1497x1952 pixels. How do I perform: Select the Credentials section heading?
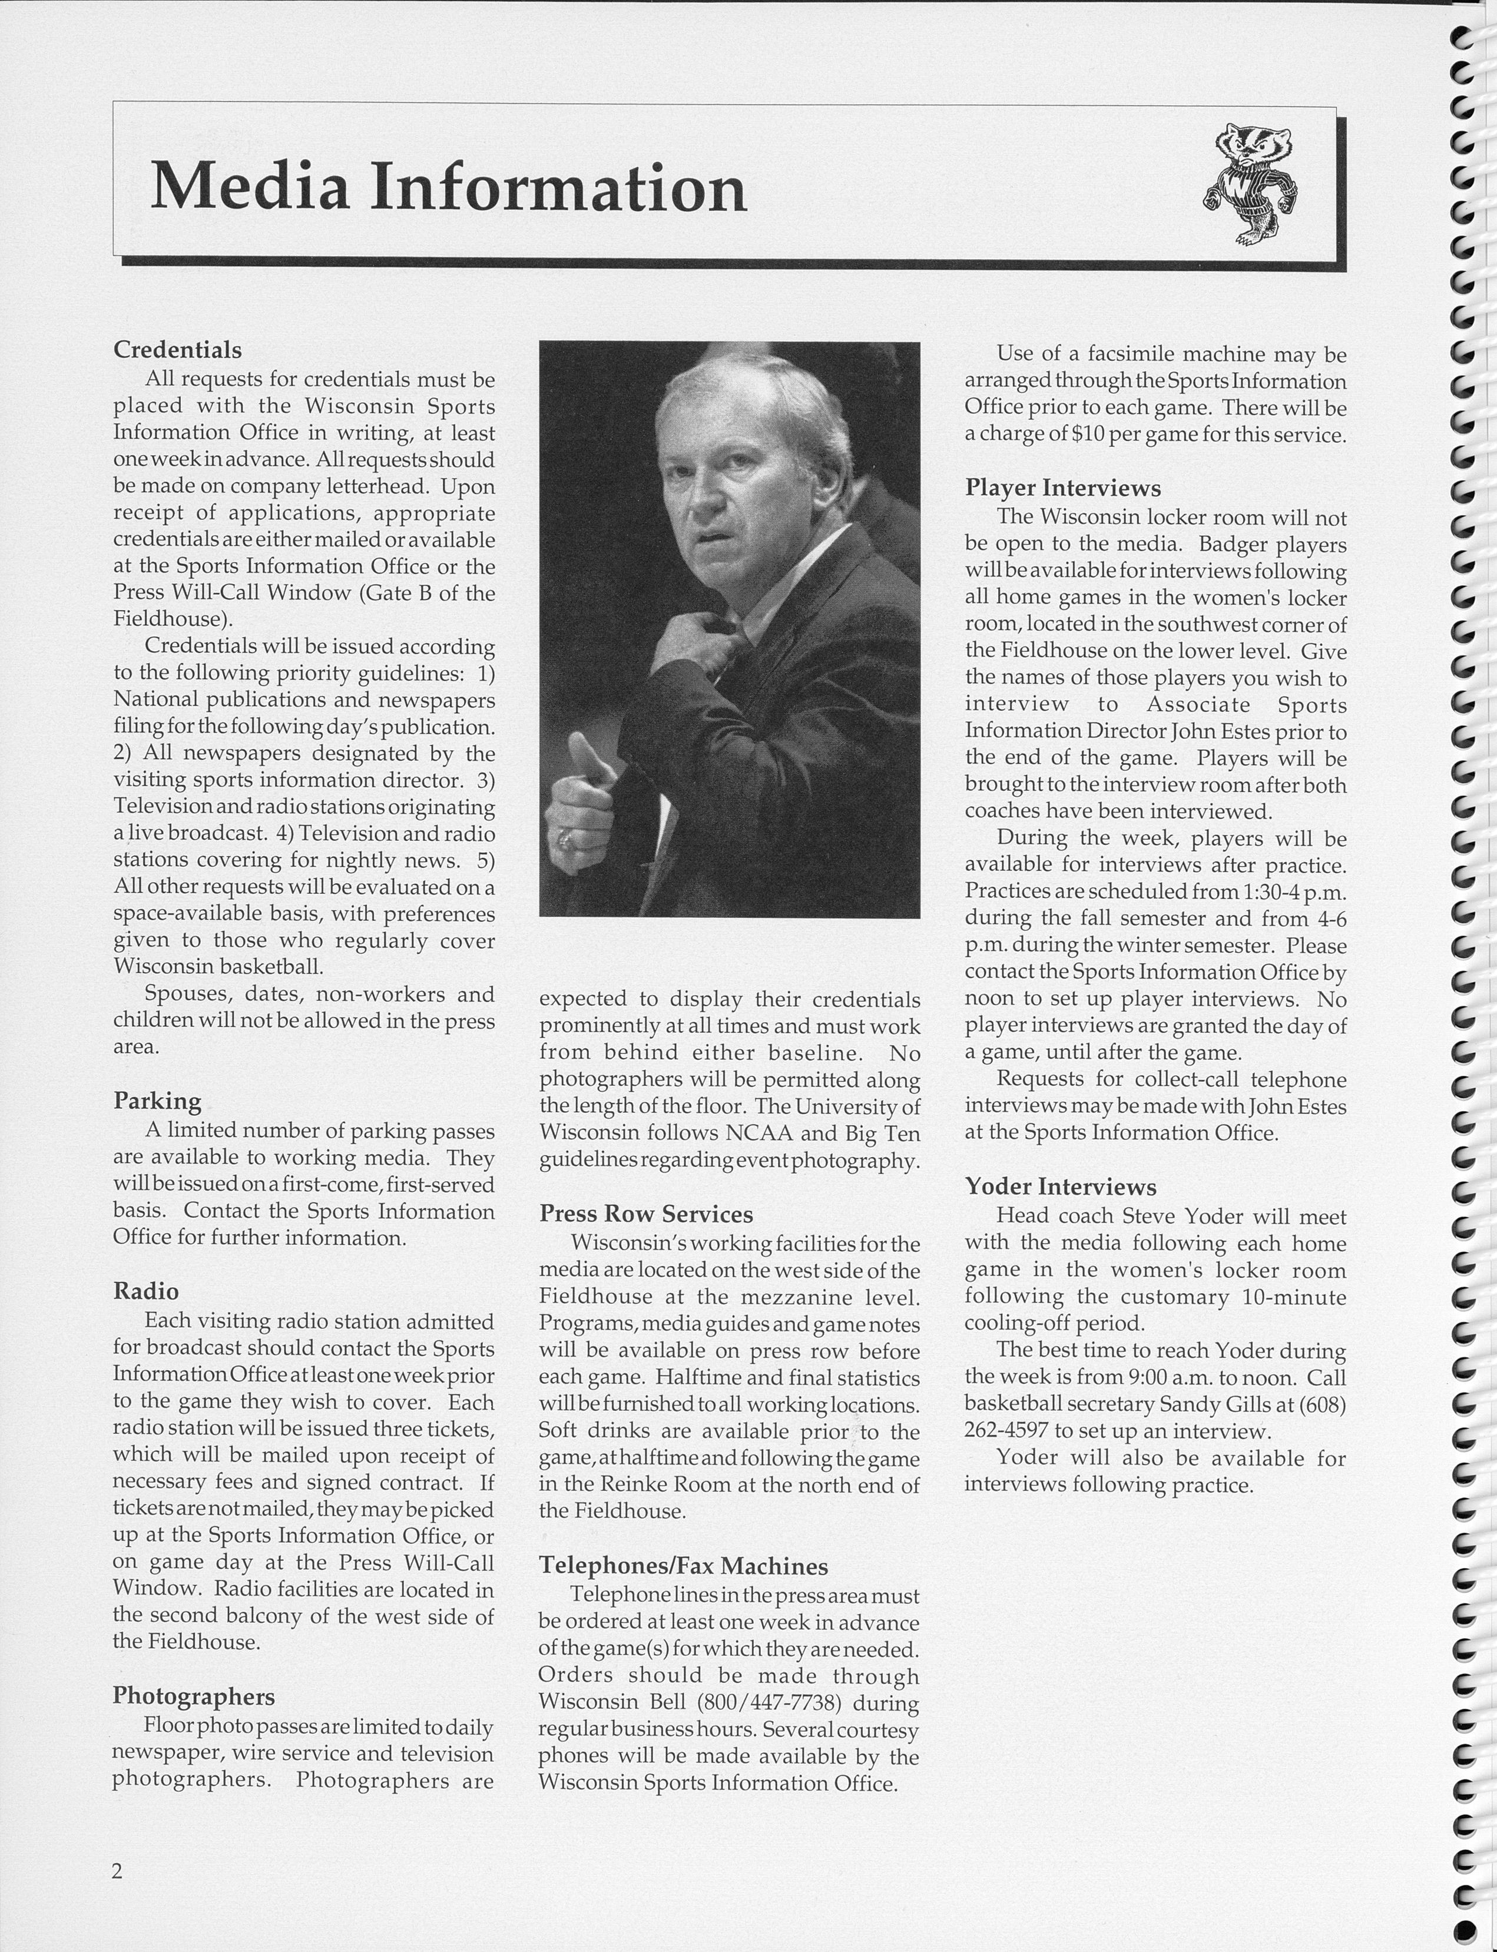[177, 349]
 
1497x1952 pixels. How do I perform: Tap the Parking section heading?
[157, 1101]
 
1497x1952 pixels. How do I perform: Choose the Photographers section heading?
[193, 1696]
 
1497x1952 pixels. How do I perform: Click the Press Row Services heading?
[646, 1214]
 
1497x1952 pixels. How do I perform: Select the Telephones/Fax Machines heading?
[684, 1566]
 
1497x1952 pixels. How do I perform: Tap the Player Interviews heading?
[1063, 488]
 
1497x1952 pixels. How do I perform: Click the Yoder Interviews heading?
[1061, 1187]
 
